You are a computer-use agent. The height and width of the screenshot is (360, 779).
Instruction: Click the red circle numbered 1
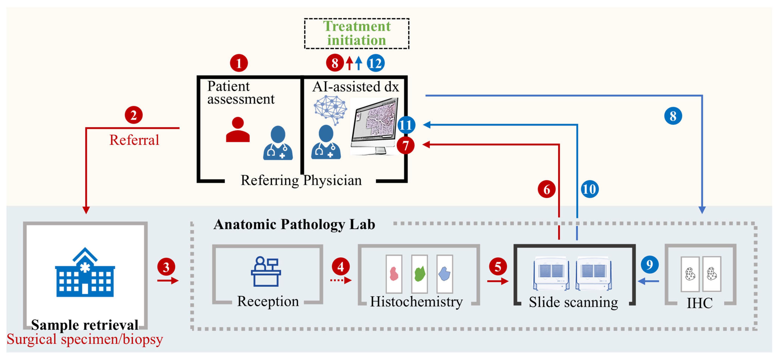click(x=239, y=63)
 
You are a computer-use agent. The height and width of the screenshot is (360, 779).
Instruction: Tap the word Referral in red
click(x=134, y=140)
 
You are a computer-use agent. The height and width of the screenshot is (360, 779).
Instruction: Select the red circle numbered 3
click(x=166, y=267)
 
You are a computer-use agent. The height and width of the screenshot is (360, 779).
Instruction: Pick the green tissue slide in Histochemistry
click(x=419, y=274)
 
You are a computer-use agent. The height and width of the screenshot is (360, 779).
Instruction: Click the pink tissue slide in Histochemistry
click(x=394, y=274)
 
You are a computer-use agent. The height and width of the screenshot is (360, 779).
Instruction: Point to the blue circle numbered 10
click(x=589, y=189)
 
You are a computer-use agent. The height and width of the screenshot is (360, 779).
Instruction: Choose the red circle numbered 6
click(x=546, y=189)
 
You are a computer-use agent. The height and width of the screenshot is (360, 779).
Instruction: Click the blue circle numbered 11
click(x=406, y=125)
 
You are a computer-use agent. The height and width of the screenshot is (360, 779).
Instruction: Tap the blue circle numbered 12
click(x=376, y=63)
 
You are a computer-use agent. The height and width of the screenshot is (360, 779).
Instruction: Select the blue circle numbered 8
click(x=673, y=116)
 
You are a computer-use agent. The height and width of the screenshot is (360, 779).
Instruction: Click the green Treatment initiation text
click(x=357, y=33)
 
